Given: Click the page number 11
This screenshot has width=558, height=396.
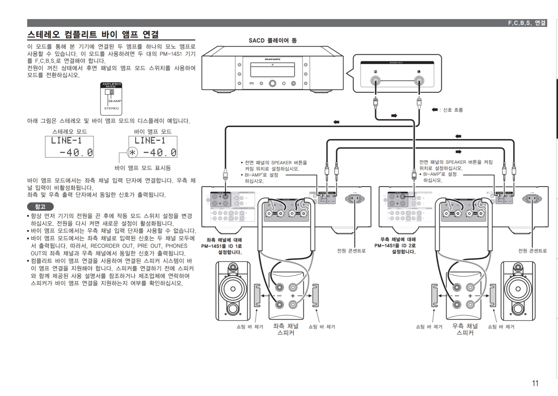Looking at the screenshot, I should point(535,383).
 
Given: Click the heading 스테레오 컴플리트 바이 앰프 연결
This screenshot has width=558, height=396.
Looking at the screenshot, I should point(93,35).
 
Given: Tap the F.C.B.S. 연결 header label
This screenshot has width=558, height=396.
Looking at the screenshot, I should point(526,23).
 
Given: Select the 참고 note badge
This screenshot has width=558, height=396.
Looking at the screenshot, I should point(40,207).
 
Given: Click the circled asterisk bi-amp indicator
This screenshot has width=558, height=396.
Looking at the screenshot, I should point(133,153).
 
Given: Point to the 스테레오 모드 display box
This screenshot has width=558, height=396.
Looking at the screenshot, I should point(69,147).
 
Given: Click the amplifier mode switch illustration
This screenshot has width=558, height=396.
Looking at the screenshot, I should point(111,98).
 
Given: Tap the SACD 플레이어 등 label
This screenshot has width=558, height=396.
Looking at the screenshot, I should point(273,41).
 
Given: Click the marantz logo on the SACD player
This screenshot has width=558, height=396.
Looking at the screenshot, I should point(273,59).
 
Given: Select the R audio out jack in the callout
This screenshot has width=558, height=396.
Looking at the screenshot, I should point(376,81).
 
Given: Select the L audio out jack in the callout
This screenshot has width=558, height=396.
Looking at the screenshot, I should point(419,81).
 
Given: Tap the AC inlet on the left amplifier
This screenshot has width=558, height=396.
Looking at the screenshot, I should point(355,199).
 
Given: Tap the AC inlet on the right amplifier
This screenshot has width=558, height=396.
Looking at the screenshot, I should point(532,199).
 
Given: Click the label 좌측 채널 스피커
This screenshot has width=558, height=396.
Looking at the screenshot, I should point(286,329).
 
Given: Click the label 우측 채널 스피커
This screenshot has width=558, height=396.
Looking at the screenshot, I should point(465,329).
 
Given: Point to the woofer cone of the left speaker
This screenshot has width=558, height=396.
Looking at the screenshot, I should point(233,289).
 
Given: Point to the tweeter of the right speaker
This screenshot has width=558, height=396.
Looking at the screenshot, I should point(518,268).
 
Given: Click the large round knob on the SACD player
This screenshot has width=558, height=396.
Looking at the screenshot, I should point(273,83).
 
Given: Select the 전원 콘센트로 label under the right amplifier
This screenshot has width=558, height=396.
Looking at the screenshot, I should point(532,251).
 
